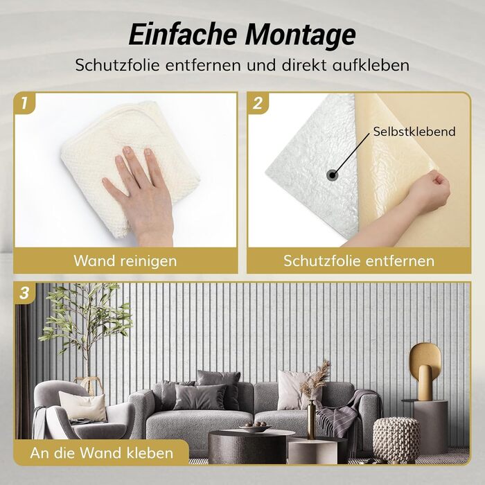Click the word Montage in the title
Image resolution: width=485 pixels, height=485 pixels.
pyautogui.click(x=300, y=35)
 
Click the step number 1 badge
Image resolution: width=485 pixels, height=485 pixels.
pyautogui.click(x=24, y=103)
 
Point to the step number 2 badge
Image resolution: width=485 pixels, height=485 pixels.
pyautogui.click(x=258, y=103)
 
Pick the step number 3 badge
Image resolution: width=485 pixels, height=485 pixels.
pyautogui.click(x=24, y=292)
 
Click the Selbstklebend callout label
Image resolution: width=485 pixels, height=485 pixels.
pyautogui.click(x=414, y=132)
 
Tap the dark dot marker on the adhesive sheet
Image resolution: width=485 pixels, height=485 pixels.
pyautogui.click(x=332, y=175)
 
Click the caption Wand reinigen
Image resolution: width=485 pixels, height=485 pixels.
pyautogui.click(x=125, y=261)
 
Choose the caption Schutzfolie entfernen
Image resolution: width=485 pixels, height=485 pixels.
pyautogui.click(x=359, y=261)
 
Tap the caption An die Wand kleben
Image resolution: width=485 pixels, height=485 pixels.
pyautogui.click(x=101, y=453)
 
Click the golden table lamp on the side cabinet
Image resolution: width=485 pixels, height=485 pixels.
pyautogui.click(x=425, y=371)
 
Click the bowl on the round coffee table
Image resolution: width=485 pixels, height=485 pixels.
pyautogui.click(x=255, y=427)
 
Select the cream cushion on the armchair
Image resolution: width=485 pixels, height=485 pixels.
pyautogui.click(x=83, y=406)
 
